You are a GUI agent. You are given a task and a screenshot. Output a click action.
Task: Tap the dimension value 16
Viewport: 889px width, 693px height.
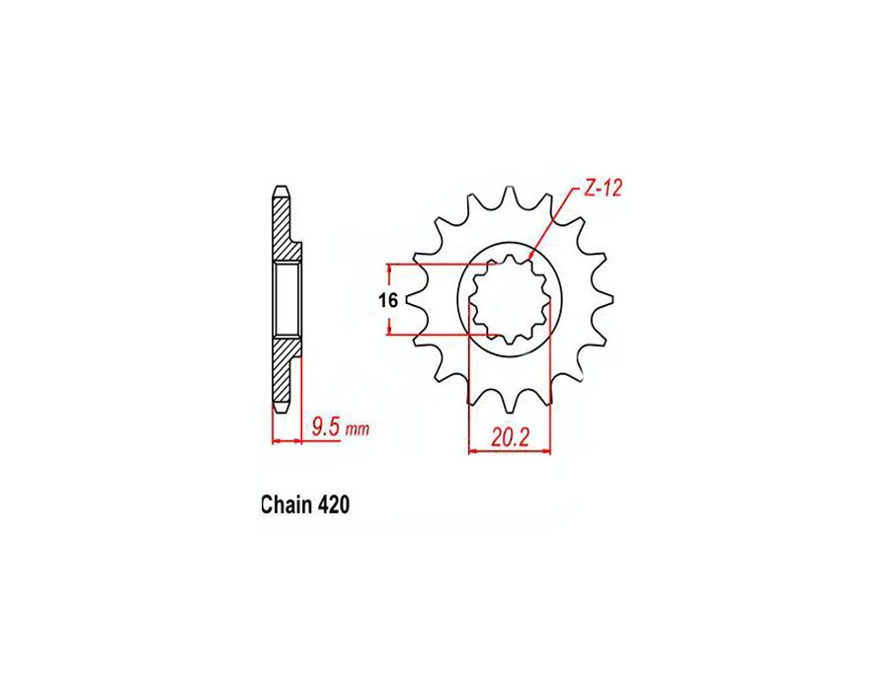click(387, 300)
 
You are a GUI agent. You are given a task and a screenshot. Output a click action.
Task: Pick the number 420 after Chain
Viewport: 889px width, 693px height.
click(333, 504)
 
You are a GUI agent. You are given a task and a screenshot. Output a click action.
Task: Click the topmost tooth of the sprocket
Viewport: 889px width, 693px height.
click(510, 194)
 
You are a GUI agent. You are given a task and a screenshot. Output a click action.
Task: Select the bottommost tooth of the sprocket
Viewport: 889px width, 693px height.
click(510, 406)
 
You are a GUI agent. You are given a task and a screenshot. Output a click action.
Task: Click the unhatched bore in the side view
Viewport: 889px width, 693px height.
click(286, 300)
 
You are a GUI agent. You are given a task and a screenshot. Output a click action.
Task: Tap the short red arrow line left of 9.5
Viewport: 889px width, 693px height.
click(286, 440)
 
